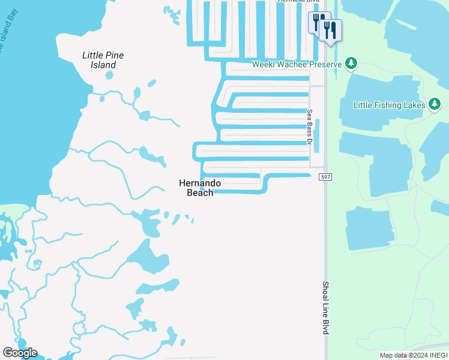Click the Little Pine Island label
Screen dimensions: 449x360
coord(103,60)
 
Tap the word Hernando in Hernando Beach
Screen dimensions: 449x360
coord(200,183)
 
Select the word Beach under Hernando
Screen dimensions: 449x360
coord(200,193)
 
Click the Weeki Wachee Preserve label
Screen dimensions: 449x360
coord(297,64)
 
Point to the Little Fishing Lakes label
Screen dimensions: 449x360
coord(385,105)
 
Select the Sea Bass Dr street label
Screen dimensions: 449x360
coord(310,127)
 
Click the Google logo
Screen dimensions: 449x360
coord(20,353)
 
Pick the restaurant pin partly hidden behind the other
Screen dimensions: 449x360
coord(318,22)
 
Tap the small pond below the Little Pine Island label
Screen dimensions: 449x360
coord(109,76)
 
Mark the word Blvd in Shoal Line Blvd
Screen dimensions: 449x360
coord(326,326)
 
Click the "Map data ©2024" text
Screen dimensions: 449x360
coord(401,355)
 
